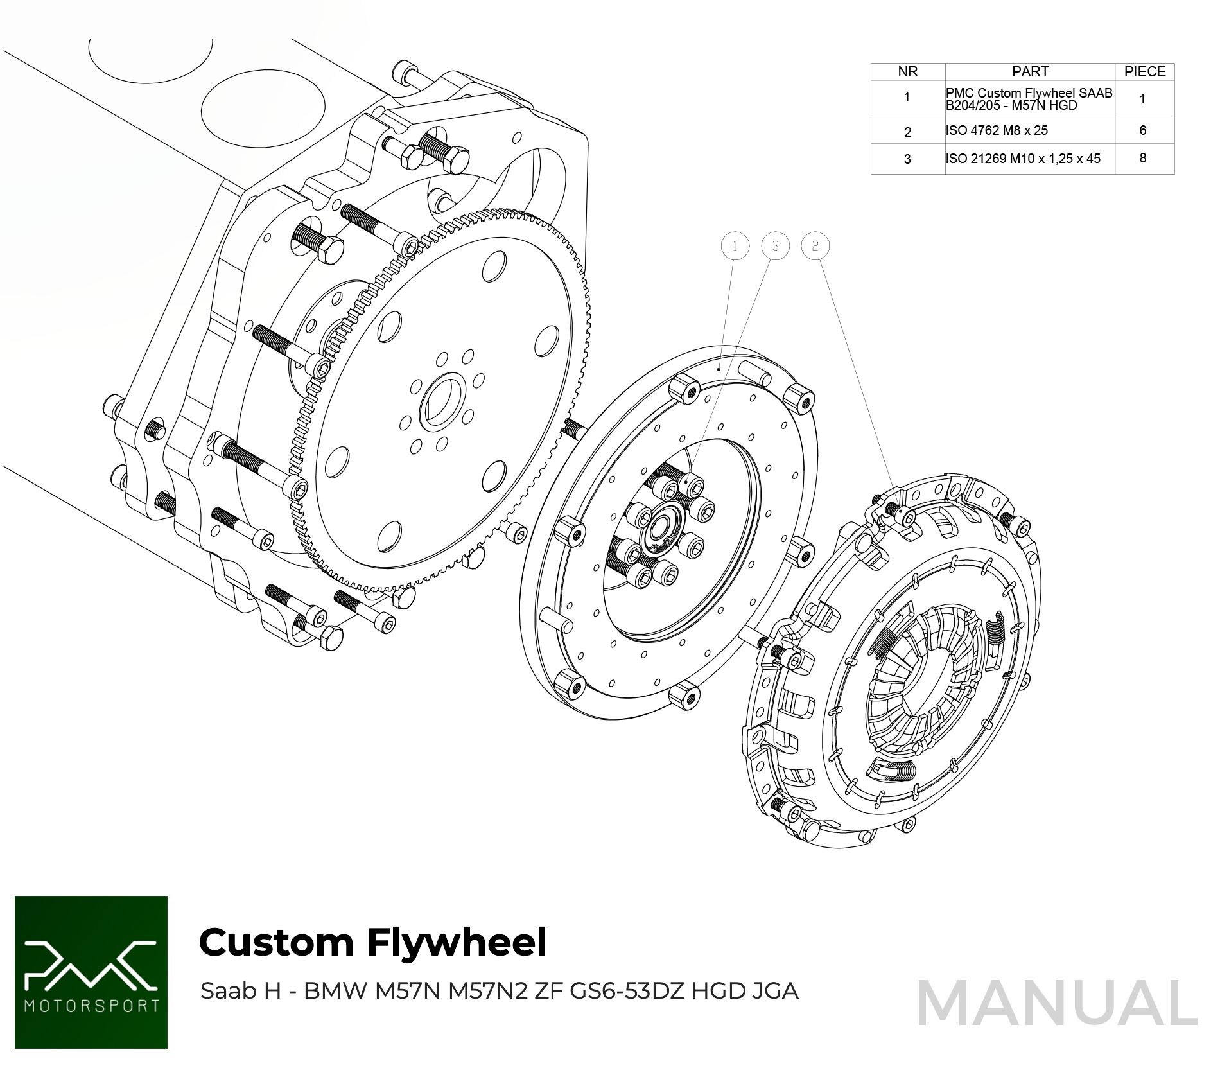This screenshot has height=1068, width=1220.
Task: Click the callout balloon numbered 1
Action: (x=735, y=246)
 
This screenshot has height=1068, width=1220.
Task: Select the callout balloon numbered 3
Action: (x=775, y=246)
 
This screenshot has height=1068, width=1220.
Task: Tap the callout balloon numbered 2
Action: (x=815, y=246)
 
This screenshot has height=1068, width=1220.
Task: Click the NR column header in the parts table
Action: (x=907, y=71)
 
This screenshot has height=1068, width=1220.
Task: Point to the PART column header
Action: (x=1030, y=71)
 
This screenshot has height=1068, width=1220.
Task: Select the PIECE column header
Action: (x=1144, y=71)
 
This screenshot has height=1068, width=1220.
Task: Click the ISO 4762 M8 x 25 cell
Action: (x=997, y=130)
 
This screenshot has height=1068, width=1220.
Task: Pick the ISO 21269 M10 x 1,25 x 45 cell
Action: (x=1023, y=159)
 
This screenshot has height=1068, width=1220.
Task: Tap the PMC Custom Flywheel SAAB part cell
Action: (x=1029, y=99)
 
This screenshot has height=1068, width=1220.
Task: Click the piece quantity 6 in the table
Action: (x=1142, y=130)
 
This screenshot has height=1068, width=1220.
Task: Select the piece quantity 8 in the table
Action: (x=1142, y=158)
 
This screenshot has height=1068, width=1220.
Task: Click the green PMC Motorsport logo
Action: (x=91, y=972)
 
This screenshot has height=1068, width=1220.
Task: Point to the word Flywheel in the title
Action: (x=457, y=943)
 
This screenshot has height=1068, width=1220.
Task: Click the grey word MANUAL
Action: (x=1057, y=1004)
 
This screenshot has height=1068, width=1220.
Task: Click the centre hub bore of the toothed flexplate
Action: (x=442, y=403)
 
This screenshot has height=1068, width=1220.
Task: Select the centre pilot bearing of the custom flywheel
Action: (x=659, y=530)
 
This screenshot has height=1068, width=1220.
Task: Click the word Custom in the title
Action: (x=276, y=943)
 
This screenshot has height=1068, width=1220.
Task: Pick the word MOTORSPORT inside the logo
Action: (x=91, y=1006)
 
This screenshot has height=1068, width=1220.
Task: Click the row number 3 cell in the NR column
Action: (x=907, y=159)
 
